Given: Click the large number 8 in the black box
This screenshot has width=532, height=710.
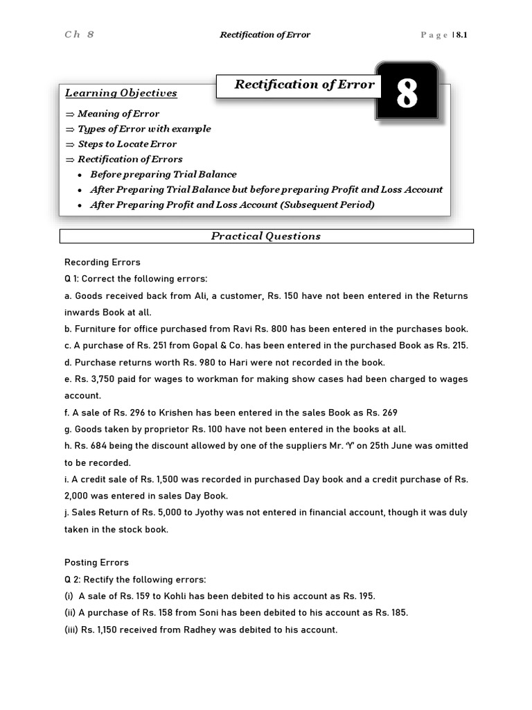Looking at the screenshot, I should [407, 94].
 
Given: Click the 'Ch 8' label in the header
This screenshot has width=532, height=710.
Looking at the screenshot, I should [79, 35].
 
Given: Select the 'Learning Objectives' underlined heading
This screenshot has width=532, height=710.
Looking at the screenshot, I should [121, 93].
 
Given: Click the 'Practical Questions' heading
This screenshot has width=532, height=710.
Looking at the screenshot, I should [266, 236].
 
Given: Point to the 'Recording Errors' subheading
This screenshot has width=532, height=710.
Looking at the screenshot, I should [103, 262].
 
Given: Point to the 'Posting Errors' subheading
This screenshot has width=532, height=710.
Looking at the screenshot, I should [96, 562].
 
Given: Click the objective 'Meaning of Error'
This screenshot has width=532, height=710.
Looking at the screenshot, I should [118, 114].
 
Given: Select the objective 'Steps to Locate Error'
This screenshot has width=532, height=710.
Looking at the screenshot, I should [127, 144].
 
